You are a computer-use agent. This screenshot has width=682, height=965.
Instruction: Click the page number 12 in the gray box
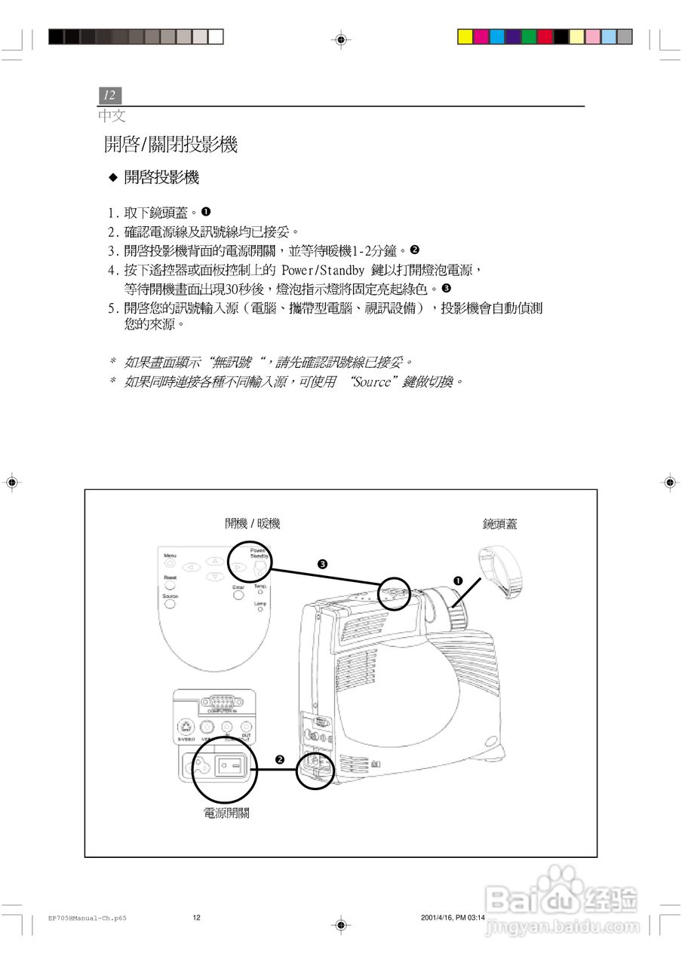109,95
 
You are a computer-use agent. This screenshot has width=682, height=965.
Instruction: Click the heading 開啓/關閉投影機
170,145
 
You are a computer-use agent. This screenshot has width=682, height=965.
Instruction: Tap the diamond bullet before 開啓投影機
114,178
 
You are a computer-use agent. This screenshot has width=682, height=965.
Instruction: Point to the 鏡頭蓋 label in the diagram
500,524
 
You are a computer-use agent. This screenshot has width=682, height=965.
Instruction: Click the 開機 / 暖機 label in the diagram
252,524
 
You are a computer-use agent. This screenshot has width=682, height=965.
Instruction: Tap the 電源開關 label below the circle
226,813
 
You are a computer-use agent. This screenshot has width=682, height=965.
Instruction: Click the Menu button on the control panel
170,562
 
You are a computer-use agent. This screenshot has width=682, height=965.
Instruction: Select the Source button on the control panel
170,605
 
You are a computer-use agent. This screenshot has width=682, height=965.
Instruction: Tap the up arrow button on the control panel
215,560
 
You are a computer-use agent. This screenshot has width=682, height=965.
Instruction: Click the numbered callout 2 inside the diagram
280,758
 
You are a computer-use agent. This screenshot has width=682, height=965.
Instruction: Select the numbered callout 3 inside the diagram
322,564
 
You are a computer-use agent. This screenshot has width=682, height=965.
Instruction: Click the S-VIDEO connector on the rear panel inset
186,728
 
